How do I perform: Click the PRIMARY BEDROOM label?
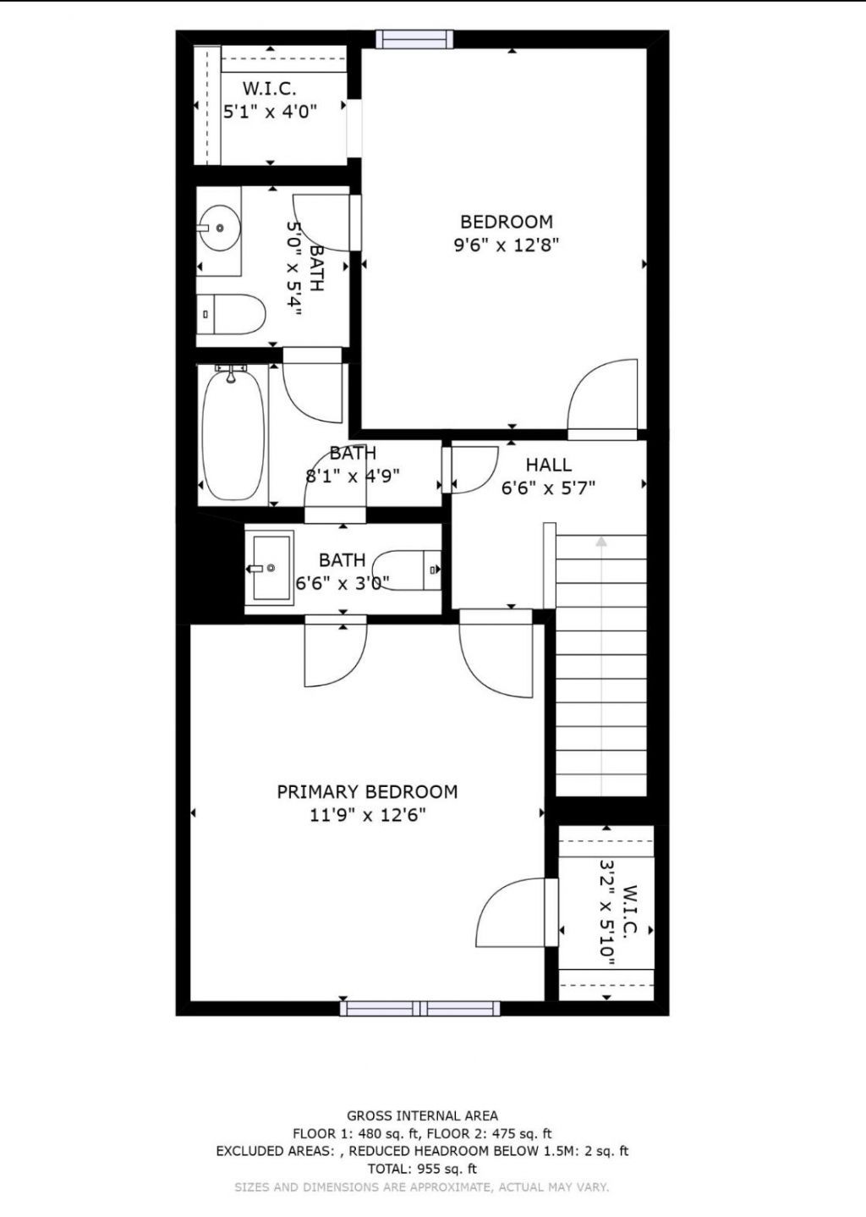[x=367, y=792]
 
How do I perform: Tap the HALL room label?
[x=549, y=465]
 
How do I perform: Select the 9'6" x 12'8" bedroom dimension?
[x=507, y=245]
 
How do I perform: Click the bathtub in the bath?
[x=234, y=432]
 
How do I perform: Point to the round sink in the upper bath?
[x=219, y=229]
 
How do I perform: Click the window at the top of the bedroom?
[x=414, y=39]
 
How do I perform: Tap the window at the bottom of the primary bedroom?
[x=419, y=1008]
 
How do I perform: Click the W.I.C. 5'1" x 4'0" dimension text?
[x=270, y=111]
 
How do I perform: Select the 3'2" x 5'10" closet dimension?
[x=606, y=914]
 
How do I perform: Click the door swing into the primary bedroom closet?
[x=511, y=913]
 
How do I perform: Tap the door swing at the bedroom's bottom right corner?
[x=603, y=396]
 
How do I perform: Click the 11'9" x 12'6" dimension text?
[x=367, y=816]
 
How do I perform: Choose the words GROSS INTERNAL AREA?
[x=422, y=1115]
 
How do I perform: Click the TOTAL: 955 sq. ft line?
[x=422, y=1169]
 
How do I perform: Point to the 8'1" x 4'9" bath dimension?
[x=353, y=476]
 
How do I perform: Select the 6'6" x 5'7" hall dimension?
[x=549, y=488]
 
